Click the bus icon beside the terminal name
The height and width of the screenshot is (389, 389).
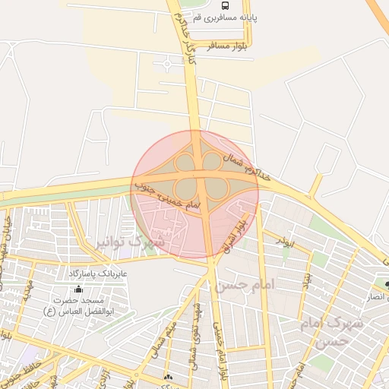[245, 6]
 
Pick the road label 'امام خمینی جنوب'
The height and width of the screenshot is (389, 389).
[168, 194]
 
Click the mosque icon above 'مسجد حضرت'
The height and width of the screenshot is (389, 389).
[78, 289]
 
